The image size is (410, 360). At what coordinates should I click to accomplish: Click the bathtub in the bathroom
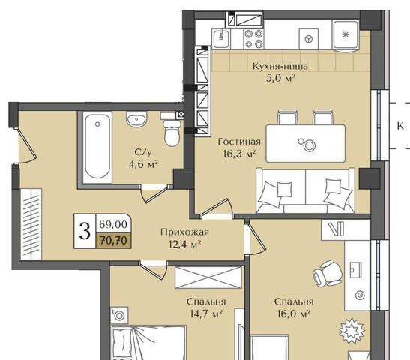tap(97, 147)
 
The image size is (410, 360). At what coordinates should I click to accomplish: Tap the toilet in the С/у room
tap(172, 133)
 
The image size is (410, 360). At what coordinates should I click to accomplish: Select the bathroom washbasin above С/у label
tap(136, 119)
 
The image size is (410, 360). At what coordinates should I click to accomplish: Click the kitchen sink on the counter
tap(221, 39)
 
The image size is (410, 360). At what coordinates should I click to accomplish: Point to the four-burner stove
tap(253, 39)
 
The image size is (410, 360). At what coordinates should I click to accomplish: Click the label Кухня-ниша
tap(280, 67)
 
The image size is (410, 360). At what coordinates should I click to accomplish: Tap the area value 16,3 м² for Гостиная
tap(239, 154)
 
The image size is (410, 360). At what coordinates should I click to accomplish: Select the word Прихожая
tap(184, 232)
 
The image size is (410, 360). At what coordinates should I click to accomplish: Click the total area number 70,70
tap(113, 241)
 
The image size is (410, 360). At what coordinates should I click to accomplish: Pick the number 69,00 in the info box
tap(113, 224)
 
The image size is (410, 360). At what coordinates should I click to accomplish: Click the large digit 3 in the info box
tap(85, 231)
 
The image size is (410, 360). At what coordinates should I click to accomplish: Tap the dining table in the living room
tap(305, 144)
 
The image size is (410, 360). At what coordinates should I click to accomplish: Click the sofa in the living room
tap(305, 190)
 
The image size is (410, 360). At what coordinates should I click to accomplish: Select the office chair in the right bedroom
tap(328, 272)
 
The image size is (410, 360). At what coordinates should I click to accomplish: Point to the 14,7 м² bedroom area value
tap(206, 313)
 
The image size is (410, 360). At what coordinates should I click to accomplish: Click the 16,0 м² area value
tap(294, 313)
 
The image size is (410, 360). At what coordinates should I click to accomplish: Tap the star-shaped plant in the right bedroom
tap(352, 331)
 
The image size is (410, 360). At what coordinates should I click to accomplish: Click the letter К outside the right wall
tap(400, 126)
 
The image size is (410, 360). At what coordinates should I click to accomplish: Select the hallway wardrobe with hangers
tap(31, 224)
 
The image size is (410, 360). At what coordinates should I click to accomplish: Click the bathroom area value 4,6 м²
tap(143, 164)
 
